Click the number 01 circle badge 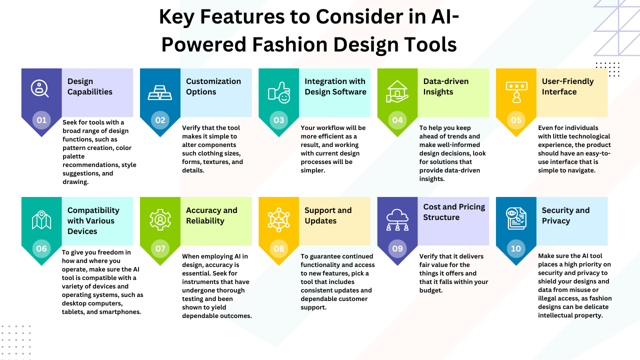click(41, 120)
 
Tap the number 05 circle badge click(516, 120)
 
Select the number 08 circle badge click(279, 248)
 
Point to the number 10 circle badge click(516, 248)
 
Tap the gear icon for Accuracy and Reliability click(160, 219)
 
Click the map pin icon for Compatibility click(41, 219)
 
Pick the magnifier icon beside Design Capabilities click(40, 88)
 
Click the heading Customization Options click(213, 86)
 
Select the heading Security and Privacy click(565, 215)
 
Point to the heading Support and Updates click(328, 215)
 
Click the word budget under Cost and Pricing click(431, 290)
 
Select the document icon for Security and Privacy click(516, 218)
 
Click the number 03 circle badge click(279, 120)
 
